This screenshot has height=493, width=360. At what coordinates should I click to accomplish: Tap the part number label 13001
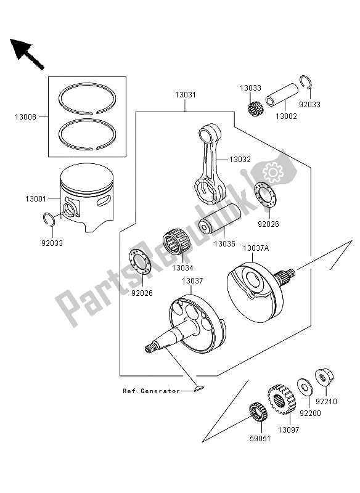pyautogui.click(x=36, y=198)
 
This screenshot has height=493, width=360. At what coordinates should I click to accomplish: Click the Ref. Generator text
pyautogui.click(x=150, y=391)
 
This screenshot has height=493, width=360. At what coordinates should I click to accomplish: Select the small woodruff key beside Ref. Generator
pyautogui.click(x=197, y=388)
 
